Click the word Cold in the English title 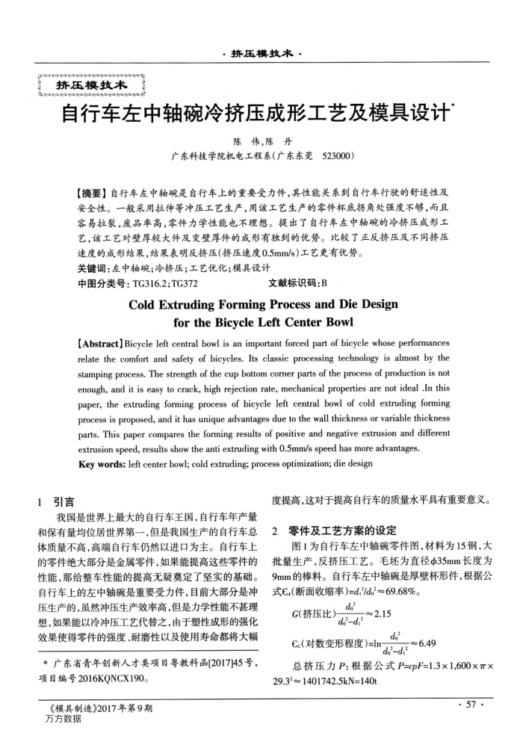pyautogui.click(x=146, y=305)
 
